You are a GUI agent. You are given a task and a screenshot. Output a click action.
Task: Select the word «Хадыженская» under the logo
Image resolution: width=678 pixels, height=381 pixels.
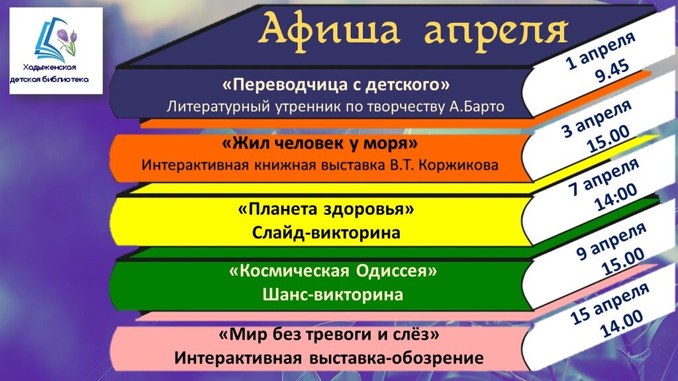50,67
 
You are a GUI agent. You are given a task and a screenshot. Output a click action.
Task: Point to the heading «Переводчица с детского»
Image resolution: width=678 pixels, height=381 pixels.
336,85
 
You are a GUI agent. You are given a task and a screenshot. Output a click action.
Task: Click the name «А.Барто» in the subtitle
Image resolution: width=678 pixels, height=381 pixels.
477,106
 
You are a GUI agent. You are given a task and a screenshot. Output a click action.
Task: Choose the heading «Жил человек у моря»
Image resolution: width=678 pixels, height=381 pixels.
320,144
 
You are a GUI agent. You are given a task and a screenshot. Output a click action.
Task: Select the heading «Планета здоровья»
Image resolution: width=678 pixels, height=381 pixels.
326,210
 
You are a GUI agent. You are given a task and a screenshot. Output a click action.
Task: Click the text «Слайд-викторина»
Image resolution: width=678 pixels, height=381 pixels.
326,233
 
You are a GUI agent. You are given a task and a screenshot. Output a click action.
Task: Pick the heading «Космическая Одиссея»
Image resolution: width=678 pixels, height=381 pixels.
333,271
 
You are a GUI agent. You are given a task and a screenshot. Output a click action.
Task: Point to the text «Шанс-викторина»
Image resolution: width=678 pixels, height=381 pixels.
332,294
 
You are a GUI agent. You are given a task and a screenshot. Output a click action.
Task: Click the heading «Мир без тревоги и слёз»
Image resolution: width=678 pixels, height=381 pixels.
329,334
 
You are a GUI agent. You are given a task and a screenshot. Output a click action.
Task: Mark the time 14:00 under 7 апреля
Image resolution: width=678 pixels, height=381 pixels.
616,197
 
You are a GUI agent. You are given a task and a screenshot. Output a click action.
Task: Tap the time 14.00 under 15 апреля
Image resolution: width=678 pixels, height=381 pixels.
622,324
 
